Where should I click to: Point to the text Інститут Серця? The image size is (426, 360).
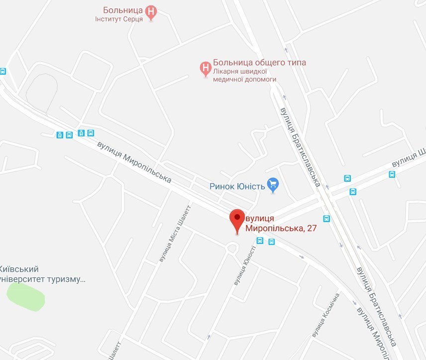click(119, 19)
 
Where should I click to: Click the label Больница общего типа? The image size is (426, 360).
click(259, 63)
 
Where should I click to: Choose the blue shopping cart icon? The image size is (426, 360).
click(272, 185)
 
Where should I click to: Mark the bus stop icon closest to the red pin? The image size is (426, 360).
click(260, 241)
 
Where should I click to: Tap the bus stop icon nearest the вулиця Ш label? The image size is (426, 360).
click(392, 174)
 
